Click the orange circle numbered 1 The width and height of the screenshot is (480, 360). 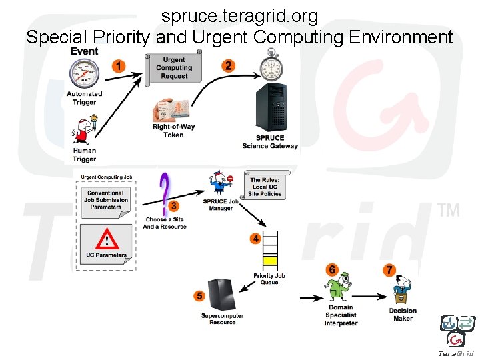(119, 65)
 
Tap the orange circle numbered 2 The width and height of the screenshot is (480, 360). (229, 65)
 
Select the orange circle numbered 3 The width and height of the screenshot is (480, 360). (174, 206)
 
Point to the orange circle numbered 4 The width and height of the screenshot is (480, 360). (255, 238)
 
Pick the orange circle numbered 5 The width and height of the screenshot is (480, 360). (199, 295)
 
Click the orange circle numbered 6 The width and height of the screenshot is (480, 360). (332, 269)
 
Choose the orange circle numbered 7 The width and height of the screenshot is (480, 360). (389, 269)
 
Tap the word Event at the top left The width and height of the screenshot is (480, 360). (84, 51)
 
